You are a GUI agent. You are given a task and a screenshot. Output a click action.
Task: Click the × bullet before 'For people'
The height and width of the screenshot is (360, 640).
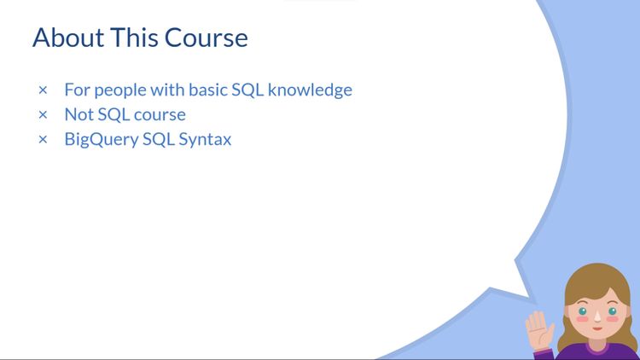pyautogui.click(x=43, y=90)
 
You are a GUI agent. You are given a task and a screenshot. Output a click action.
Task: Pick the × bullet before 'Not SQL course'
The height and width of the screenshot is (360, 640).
pyautogui.click(x=43, y=114)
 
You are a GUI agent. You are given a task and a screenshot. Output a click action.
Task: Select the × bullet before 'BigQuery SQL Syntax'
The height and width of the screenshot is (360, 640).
pyautogui.click(x=43, y=139)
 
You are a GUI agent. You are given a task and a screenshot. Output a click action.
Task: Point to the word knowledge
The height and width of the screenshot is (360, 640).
pyautogui.click(x=310, y=90)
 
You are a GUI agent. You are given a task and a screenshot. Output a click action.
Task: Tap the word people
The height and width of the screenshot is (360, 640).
pyautogui.click(x=118, y=90)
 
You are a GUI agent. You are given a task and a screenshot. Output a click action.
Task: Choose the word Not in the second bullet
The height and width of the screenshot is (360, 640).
pyautogui.click(x=79, y=114)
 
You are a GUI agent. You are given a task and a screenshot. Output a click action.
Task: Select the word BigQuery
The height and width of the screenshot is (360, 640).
pyautogui.click(x=100, y=139)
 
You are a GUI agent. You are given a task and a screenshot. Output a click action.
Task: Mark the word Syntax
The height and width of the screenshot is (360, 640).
pyautogui.click(x=205, y=139)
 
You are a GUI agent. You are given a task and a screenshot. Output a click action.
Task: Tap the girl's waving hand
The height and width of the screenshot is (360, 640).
pyautogui.click(x=538, y=325)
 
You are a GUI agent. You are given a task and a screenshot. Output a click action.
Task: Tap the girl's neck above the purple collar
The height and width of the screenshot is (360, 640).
pyautogui.click(x=596, y=342)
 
